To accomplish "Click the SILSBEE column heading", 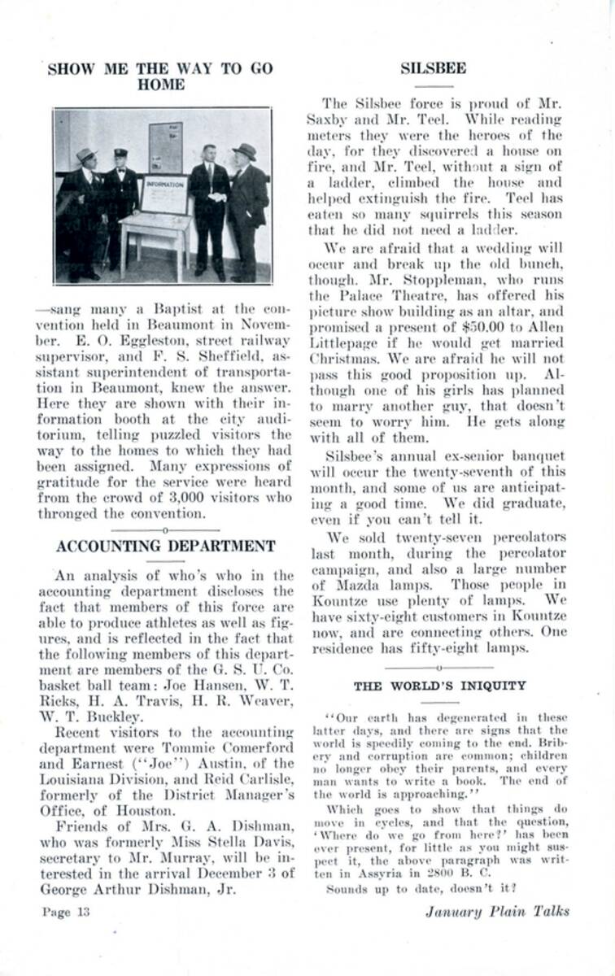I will point(433,68).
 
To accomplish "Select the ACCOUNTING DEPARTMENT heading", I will point(165,546).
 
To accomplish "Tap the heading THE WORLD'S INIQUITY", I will point(439,686).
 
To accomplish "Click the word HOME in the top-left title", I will point(160,85).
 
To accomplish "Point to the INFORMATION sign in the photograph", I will point(164,185).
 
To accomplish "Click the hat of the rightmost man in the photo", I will point(243,152).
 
